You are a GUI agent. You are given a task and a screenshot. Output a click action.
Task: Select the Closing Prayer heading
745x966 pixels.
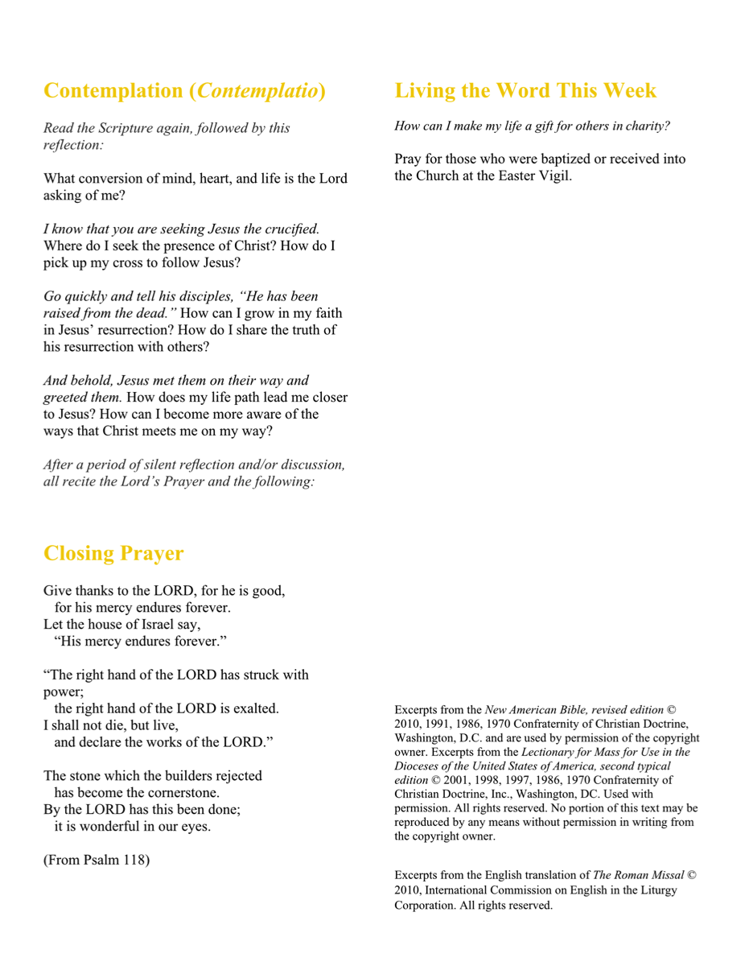click(x=113, y=553)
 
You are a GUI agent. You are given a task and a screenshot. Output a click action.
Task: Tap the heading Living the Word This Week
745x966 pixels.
click(x=525, y=90)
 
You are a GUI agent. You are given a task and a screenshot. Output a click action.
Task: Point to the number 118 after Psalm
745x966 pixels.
click(x=134, y=860)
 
